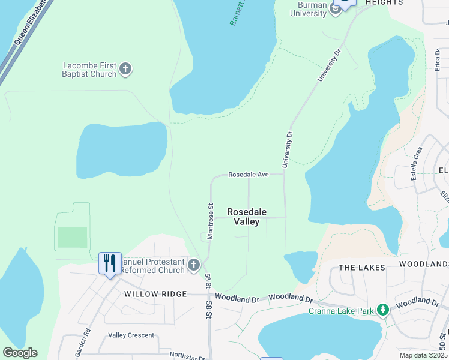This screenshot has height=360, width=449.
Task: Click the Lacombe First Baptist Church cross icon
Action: pyautogui.click(x=125, y=69)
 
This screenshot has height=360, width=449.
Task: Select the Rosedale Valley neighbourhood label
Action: pyautogui.click(x=247, y=217)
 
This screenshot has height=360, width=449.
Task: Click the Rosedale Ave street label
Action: pyautogui.click(x=249, y=175)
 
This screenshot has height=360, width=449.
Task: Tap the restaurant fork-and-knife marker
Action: pyautogui.click(x=110, y=263)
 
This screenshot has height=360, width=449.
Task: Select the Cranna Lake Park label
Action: pyautogui.click(x=342, y=311)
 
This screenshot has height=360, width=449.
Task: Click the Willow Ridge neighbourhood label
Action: pyautogui.click(x=148, y=295)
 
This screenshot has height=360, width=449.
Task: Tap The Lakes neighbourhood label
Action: pyautogui.click(x=362, y=268)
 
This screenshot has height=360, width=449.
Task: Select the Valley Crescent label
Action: pyautogui.click(x=131, y=335)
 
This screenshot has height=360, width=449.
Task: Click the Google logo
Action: pyautogui.click(x=20, y=353)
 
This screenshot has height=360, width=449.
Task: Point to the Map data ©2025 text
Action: pyautogui.click(x=423, y=355)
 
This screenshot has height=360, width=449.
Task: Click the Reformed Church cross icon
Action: pyautogui.click(x=193, y=265)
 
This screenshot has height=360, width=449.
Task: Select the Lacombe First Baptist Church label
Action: pyautogui.click(x=89, y=70)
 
